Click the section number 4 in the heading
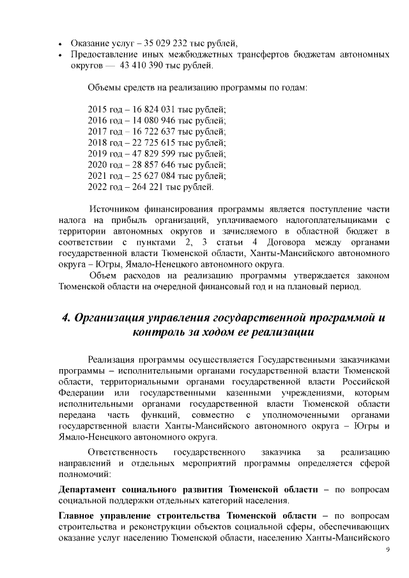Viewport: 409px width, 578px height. [x=65, y=317]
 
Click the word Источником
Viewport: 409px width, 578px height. [x=114, y=209]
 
